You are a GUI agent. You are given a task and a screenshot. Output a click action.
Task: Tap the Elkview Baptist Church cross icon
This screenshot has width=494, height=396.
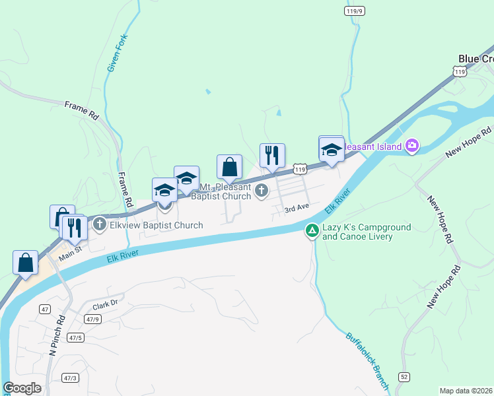(x=100, y=224)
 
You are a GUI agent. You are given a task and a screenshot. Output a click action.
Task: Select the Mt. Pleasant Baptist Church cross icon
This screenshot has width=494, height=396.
(x=262, y=191)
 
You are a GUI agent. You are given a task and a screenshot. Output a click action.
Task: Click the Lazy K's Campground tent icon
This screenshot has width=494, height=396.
(x=312, y=231)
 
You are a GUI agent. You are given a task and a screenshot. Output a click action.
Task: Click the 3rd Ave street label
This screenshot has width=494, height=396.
(x=297, y=208)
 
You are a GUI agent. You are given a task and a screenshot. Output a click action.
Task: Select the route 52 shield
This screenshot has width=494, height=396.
(x=403, y=376)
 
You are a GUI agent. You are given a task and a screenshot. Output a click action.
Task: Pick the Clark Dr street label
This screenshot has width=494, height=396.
(x=104, y=306)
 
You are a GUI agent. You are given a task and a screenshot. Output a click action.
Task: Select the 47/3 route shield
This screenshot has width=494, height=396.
(x=70, y=378)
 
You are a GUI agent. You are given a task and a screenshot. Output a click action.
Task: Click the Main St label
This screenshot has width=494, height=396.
(x=69, y=250)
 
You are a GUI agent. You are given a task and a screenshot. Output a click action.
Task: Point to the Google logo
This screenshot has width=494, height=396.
(x=22, y=388)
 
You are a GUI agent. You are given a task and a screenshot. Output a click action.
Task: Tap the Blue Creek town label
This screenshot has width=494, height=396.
(x=476, y=59)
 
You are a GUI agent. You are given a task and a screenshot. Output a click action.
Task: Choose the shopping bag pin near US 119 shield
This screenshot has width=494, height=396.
(x=229, y=168)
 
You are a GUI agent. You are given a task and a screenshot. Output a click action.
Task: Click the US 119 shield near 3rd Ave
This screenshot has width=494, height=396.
(x=300, y=170)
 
